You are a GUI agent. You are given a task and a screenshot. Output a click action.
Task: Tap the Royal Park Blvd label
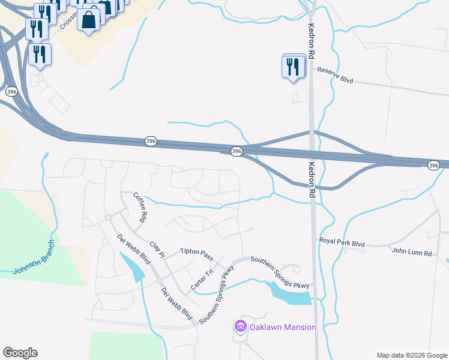tap(342, 242)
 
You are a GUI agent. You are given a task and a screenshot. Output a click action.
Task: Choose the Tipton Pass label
tap(196, 254)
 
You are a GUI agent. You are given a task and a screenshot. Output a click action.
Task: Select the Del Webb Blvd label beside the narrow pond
tap(134, 248)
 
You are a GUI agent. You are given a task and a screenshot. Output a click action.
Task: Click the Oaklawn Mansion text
tap(283, 327)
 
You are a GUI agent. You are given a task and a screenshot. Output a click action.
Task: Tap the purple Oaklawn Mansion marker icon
tap(241, 326)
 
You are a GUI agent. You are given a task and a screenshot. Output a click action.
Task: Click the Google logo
tap(20, 353)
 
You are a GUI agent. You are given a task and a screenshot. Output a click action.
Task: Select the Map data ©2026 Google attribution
tap(411, 355)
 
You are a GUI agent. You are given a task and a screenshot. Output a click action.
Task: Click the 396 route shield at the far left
tap(11, 92)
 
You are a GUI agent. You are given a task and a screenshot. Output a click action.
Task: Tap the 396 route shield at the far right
tap(434, 165)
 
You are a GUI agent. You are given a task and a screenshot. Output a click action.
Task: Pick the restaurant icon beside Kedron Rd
tap(292, 66)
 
